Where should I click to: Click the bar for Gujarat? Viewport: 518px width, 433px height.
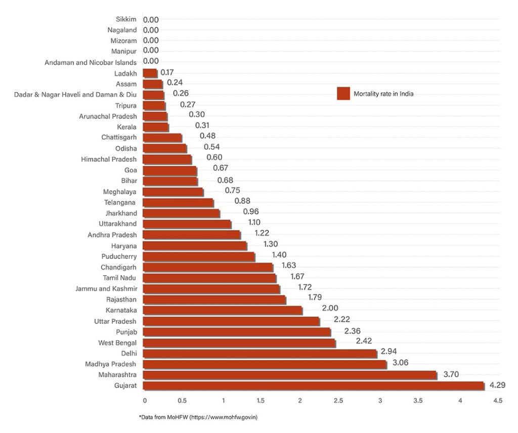(x=314, y=385)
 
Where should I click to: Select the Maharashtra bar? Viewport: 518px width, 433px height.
(x=290, y=375)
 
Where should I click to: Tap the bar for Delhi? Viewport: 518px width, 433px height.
(x=260, y=353)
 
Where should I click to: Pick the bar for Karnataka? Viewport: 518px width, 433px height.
(x=223, y=310)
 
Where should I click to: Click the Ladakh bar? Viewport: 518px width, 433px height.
(x=150, y=73)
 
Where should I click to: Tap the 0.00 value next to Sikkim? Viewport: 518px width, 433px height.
(x=151, y=20)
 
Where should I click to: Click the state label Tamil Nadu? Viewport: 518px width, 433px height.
(x=119, y=278)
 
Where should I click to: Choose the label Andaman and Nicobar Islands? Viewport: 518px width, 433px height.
(x=91, y=62)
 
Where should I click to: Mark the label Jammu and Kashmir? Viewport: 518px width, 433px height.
(x=106, y=288)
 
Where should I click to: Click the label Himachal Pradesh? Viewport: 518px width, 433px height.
(x=109, y=159)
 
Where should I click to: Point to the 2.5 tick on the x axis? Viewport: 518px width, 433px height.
(x=338, y=401)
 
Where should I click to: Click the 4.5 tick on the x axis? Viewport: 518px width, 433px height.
(x=497, y=401)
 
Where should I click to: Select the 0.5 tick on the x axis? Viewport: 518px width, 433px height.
(x=182, y=401)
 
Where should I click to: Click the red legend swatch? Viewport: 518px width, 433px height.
(x=343, y=94)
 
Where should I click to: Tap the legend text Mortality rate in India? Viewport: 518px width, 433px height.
(x=383, y=94)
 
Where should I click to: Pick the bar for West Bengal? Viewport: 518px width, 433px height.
(x=239, y=342)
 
